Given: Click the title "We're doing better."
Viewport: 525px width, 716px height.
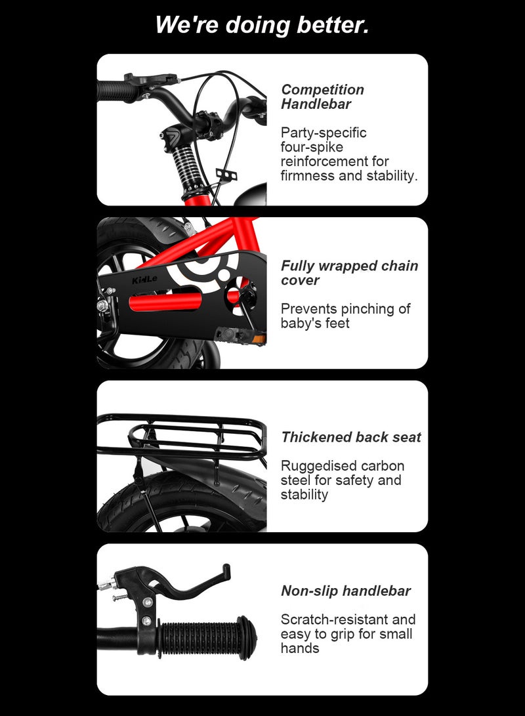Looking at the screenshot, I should point(262,26).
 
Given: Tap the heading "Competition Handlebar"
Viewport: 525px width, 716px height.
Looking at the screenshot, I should point(322,96).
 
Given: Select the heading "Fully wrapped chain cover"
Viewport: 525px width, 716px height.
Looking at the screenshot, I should point(349,273).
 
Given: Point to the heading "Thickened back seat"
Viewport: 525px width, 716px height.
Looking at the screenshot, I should point(351,437).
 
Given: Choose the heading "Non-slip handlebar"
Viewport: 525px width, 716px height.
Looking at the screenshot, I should point(346,591).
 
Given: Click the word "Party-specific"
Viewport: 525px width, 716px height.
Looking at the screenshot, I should point(324,133).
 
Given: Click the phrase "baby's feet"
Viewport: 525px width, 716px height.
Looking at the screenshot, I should point(315,323).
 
